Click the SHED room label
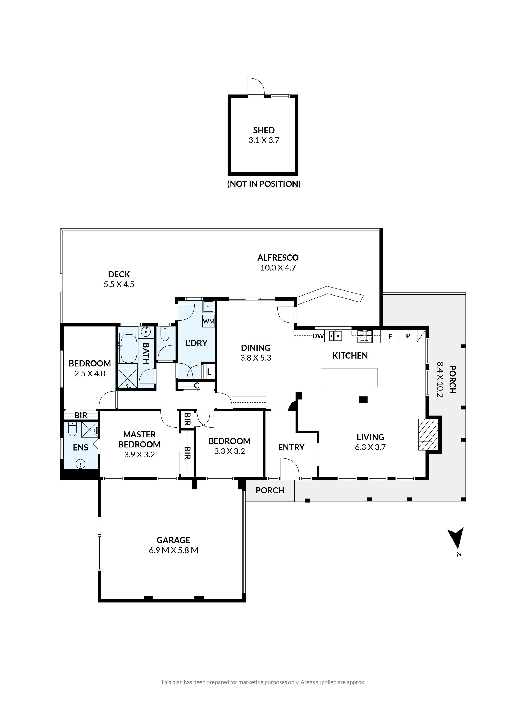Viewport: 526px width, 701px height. tap(263, 130)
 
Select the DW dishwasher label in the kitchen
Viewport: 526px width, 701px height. tap(318, 336)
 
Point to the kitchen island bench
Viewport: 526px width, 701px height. tap(349, 378)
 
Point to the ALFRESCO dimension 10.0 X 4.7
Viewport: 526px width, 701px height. tap(278, 268)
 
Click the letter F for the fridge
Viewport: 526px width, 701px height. tap(390, 336)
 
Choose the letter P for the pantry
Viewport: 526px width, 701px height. tap(408, 336)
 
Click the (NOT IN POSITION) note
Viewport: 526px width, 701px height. tap(264, 184)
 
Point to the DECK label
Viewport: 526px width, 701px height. tap(119, 274)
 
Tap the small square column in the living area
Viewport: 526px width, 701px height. tap(363, 400)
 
